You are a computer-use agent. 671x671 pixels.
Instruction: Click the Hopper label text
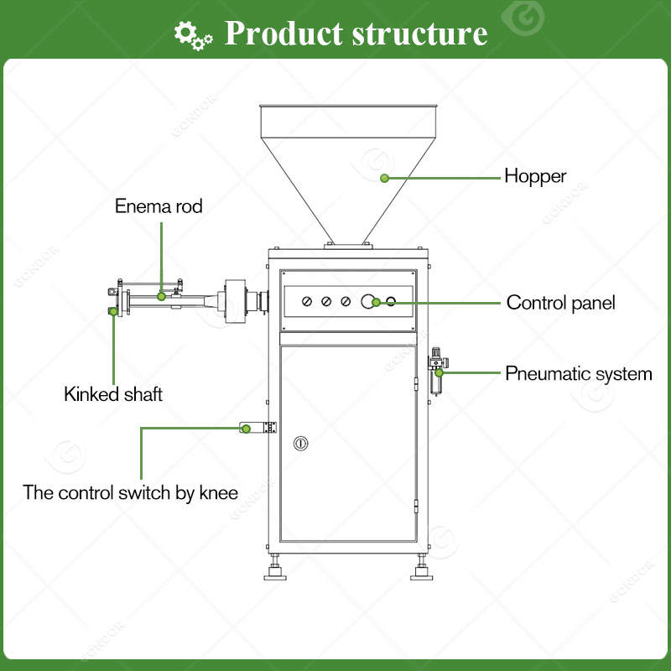click(535, 177)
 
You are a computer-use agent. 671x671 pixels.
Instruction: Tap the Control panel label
click(560, 303)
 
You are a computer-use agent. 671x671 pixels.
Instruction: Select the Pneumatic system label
click(578, 374)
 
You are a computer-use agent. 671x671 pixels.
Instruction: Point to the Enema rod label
click(159, 206)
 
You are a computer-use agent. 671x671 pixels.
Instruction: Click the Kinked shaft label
click(113, 394)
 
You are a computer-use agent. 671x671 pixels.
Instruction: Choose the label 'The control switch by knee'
click(130, 492)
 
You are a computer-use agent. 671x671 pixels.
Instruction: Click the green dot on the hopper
click(384, 178)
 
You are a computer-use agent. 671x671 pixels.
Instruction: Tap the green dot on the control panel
click(377, 302)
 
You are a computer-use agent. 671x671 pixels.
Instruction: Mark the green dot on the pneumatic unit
click(439, 372)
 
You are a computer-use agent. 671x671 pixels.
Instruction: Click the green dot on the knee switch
click(246, 429)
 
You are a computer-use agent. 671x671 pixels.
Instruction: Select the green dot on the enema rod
click(161, 296)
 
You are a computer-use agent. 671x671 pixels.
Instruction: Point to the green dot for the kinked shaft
click(112, 313)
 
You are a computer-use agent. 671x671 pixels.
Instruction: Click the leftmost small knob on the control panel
click(307, 302)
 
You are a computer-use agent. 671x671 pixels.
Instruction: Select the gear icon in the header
click(192, 34)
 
